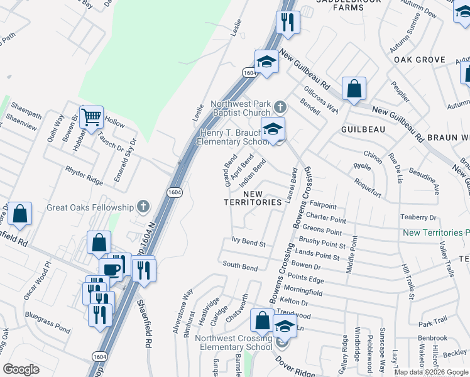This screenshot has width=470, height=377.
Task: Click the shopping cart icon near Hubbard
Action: (92, 116)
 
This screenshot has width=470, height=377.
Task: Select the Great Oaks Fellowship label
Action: (90, 207)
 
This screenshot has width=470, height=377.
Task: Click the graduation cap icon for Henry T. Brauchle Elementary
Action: (273, 129)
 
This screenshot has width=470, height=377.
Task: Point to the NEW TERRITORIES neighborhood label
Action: (253, 198)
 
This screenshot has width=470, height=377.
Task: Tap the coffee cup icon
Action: (111, 270)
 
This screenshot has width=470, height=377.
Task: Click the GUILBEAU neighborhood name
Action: (363, 128)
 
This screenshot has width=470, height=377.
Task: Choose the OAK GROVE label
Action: (420, 60)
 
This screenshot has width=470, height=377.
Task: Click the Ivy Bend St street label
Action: (249, 241)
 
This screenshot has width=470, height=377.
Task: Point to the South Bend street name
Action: (240, 267)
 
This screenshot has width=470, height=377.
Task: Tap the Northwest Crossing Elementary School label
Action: (233, 342)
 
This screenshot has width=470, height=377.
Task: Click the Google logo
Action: (21, 369)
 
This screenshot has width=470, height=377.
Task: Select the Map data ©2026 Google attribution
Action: (430, 371)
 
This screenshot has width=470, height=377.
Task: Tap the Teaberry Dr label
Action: (418, 217)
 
